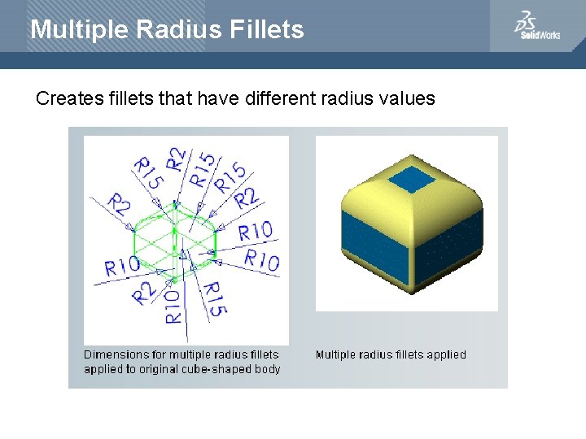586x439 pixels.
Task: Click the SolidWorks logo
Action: pos(537,26)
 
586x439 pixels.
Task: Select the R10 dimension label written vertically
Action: pos(173,307)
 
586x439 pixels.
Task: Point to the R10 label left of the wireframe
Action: pos(122,265)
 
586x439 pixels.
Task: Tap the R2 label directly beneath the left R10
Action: pos(145,291)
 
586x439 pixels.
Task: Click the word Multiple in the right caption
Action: pos(336,354)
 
